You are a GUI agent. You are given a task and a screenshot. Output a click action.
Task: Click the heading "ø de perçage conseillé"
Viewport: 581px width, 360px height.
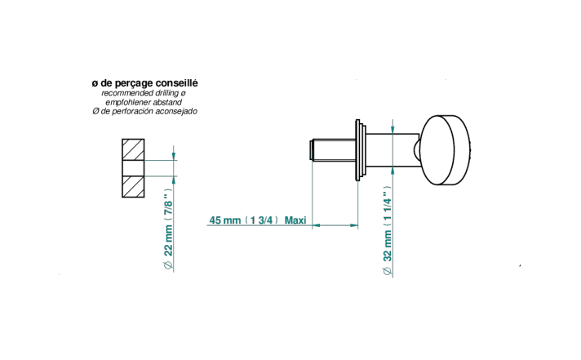[x=145, y=83]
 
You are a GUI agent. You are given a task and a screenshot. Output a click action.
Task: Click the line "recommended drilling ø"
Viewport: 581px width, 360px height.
[x=144, y=93]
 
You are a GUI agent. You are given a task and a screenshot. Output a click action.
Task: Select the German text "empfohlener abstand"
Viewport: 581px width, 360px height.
[x=144, y=102]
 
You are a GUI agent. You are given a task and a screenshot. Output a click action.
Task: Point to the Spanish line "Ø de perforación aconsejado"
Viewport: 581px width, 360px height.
[x=145, y=111]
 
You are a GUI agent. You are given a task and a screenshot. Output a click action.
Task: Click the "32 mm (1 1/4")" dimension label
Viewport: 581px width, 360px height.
[x=388, y=224]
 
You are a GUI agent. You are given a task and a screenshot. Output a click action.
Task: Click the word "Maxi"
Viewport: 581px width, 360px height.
[x=295, y=220]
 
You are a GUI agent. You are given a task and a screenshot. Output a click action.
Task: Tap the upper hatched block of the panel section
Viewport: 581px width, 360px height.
[x=133, y=149]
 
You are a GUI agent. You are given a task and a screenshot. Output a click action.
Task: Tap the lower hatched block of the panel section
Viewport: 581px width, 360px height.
[x=133, y=186]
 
